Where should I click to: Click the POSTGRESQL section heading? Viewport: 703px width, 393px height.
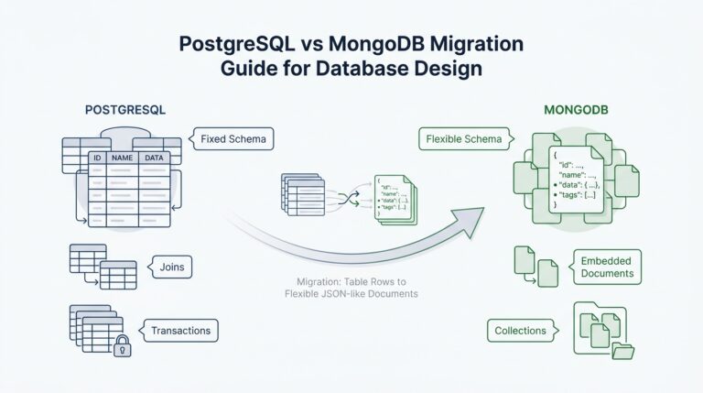click(124, 109)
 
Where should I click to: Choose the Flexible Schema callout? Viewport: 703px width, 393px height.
click(463, 140)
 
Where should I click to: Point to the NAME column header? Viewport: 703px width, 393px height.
click(122, 158)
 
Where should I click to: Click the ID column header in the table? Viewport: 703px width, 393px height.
click(96, 158)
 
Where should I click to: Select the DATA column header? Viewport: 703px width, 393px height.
click(153, 158)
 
